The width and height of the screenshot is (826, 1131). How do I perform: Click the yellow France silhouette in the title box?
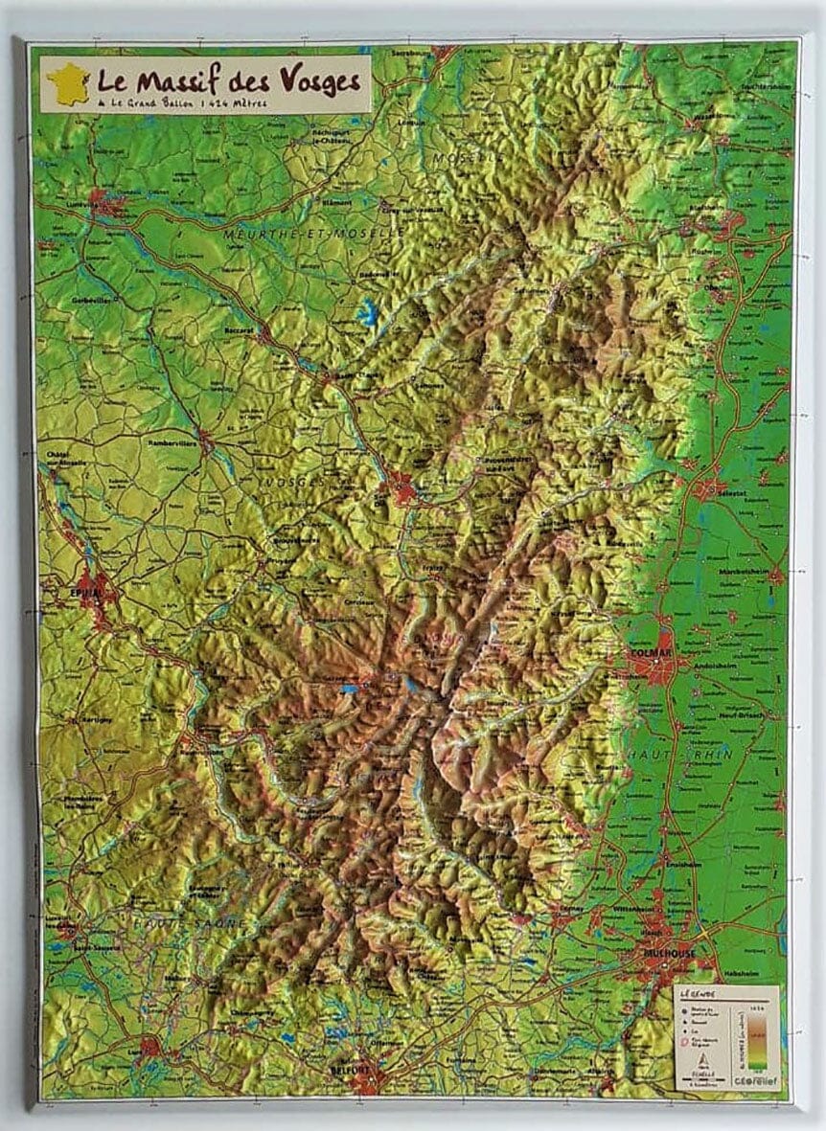coord(68,82)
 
